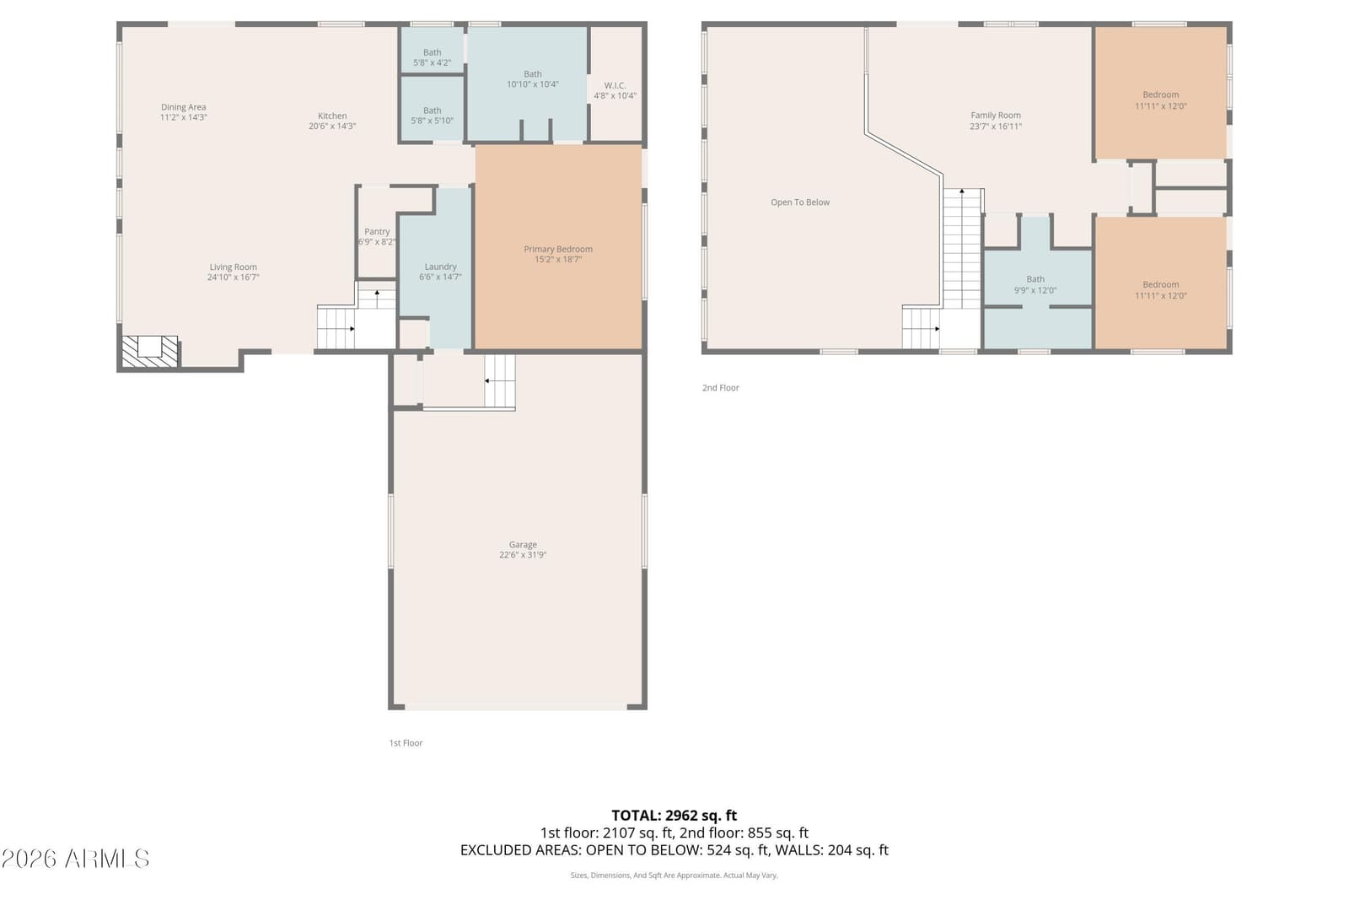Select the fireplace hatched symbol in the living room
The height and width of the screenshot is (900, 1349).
click(x=150, y=351)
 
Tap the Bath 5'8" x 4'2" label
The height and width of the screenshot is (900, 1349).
click(x=432, y=57)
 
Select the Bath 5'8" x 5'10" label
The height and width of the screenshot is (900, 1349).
click(x=432, y=115)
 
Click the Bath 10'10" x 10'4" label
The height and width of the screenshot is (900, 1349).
click(x=532, y=79)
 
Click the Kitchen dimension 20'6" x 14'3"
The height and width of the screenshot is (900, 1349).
click(x=332, y=127)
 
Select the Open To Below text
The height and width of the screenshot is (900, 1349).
click(x=800, y=202)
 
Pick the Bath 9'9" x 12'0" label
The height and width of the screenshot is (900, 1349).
click(x=1035, y=284)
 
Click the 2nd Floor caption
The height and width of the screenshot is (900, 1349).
click(x=720, y=388)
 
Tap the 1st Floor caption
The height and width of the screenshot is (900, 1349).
click(x=406, y=743)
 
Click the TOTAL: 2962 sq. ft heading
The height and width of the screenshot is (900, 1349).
click(x=674, y=816)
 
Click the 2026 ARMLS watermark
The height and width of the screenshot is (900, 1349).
click(x=75, y=859)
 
